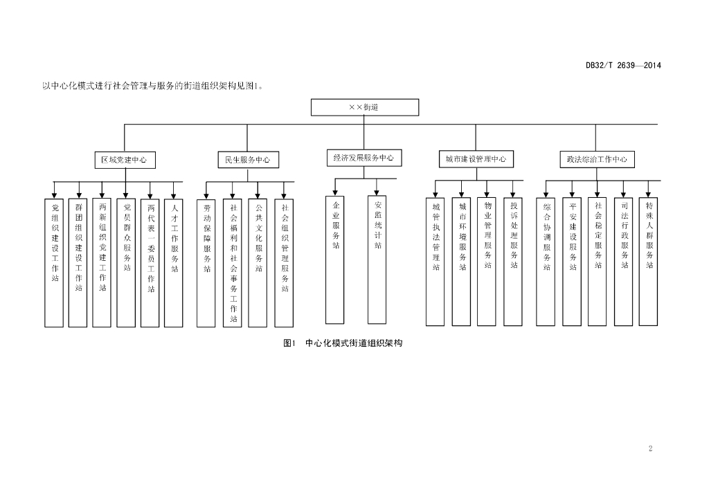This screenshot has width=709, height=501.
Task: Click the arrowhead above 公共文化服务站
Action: (x=258, y=196)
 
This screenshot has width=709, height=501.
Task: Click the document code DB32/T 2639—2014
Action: (x=623, y=66)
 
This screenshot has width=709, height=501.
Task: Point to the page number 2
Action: (x=650, y=448)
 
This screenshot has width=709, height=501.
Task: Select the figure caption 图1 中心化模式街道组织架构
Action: (x=343, y=343)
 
